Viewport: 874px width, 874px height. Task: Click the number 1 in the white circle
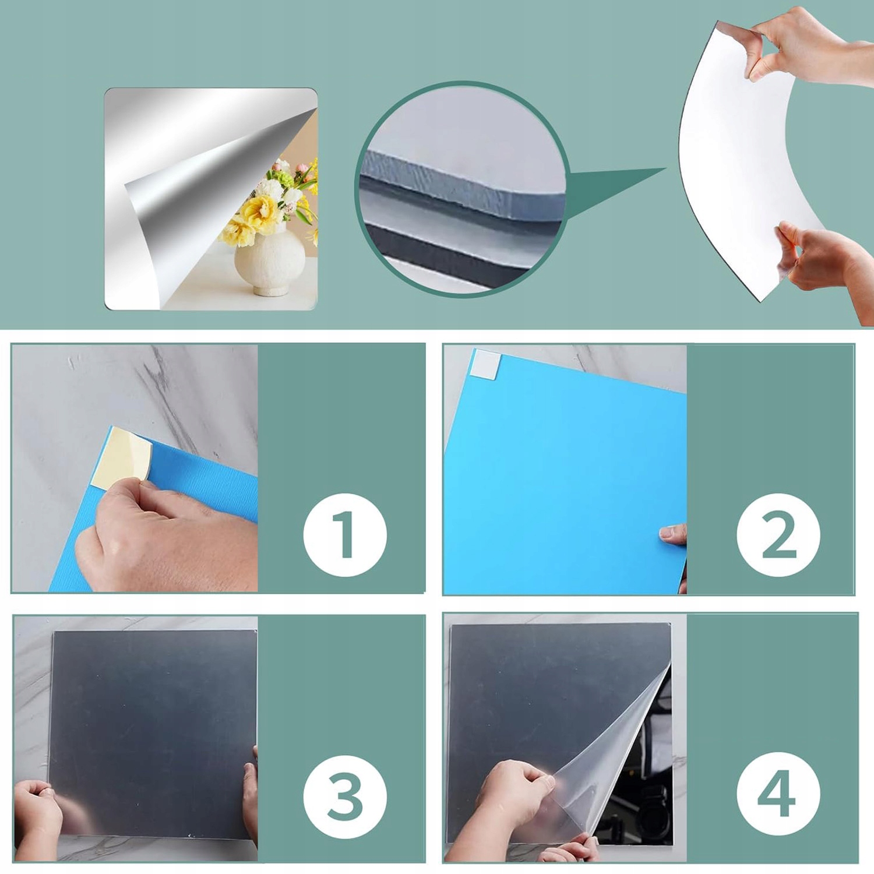pos(344,534)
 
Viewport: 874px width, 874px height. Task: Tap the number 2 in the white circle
pos(778,534)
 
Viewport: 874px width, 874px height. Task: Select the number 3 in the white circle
pos(345,796)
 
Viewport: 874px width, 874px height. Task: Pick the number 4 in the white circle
pos(777,794)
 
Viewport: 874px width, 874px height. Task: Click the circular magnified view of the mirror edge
pos(461,189)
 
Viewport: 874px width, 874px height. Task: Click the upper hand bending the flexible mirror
pos(810,47)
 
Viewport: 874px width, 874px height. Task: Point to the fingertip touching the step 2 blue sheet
pos(672,534)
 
